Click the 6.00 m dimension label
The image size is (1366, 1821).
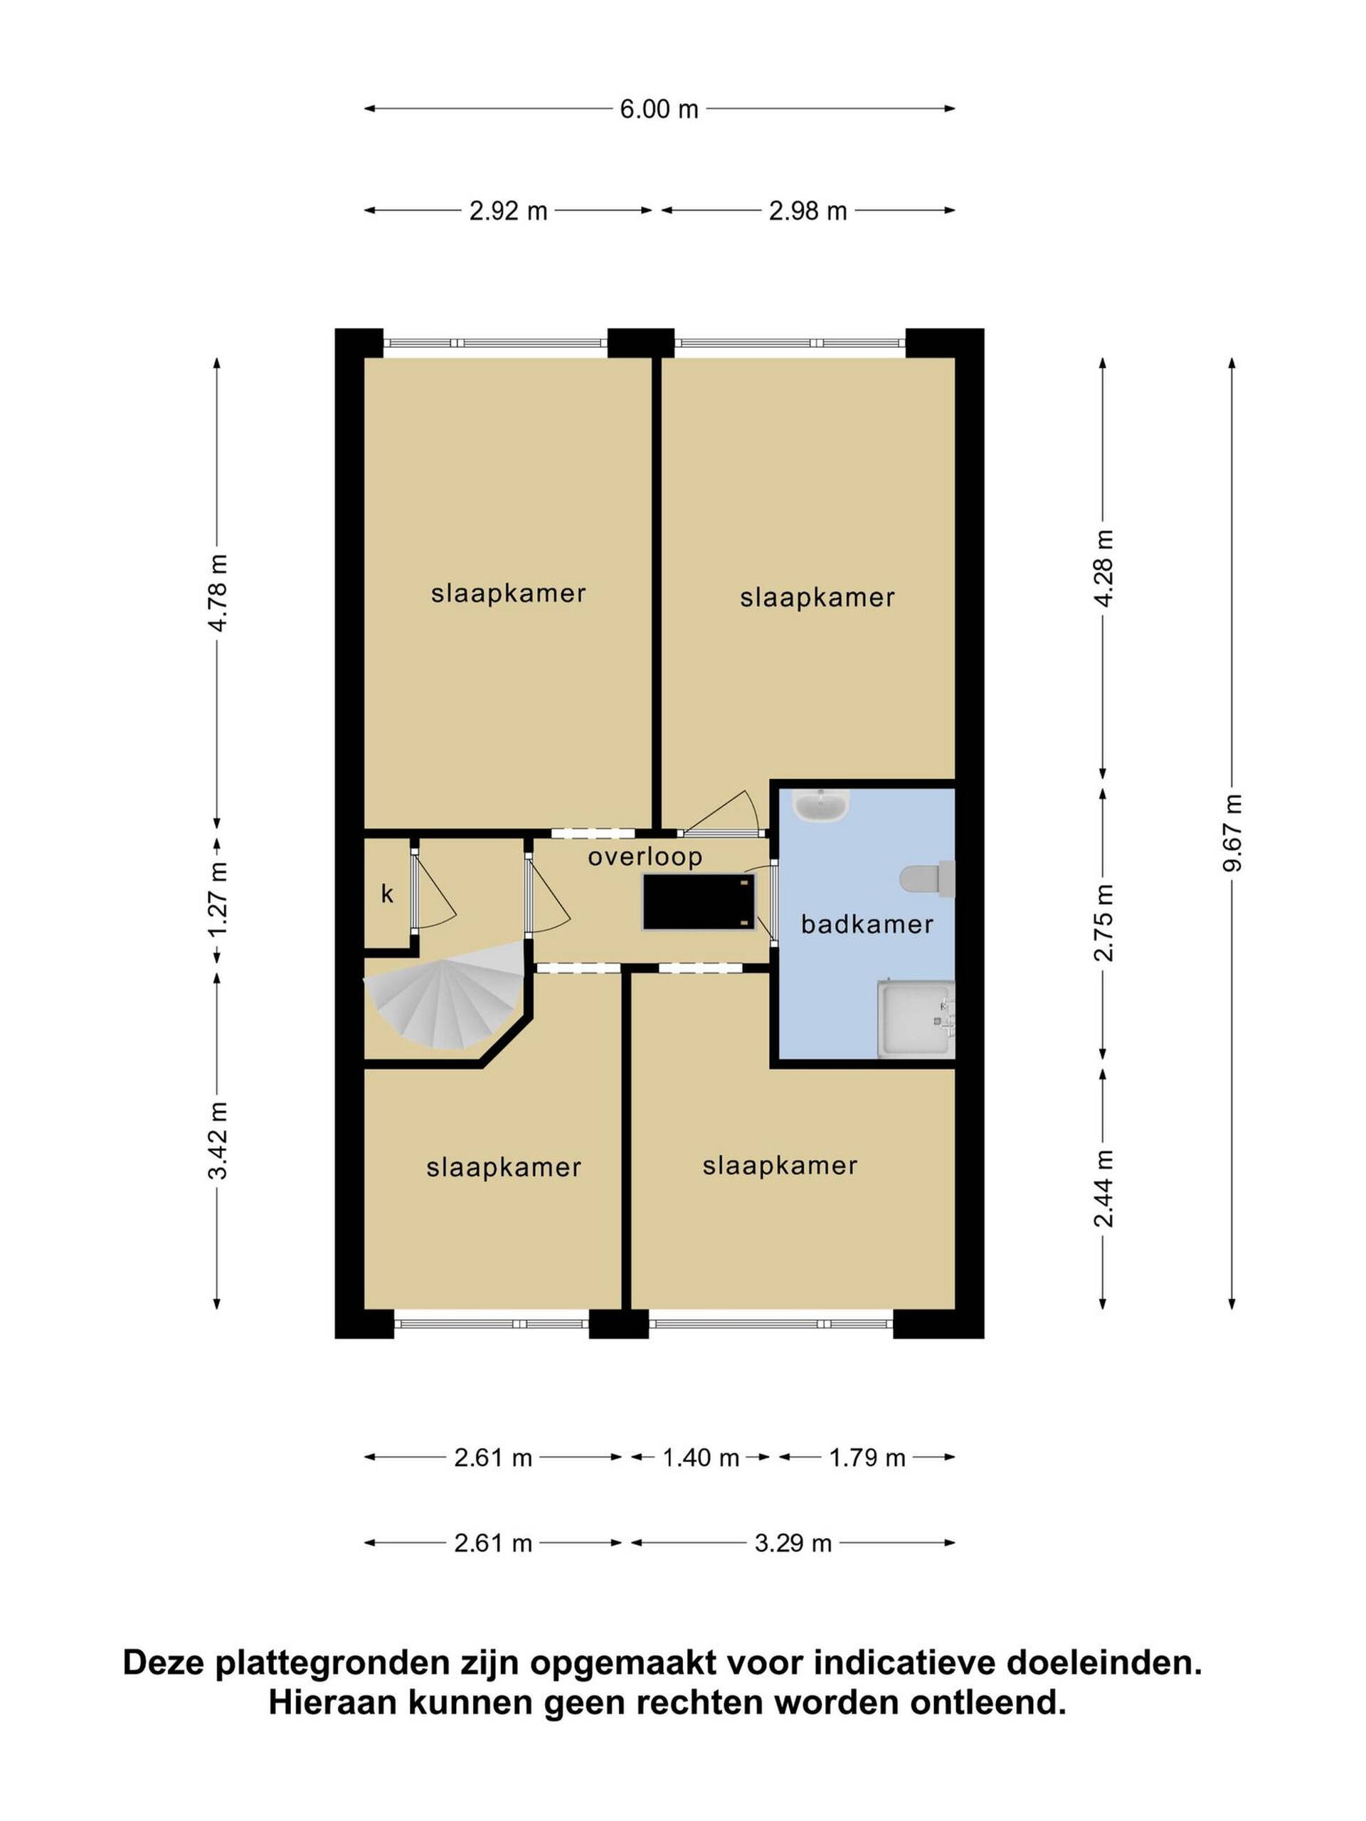(659, 109)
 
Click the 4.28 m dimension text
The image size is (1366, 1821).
(1103, 568)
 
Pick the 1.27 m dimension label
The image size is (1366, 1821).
(218, 900)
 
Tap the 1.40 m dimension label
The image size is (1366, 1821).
(701, 1458)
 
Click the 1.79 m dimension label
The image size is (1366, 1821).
(867, 1458)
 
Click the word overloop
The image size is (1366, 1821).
(645, 857)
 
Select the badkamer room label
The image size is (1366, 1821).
(867, 925)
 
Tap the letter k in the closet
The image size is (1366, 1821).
(387, 894)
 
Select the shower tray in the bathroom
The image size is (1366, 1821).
(916, 1019)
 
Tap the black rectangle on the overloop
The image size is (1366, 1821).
(698, 901)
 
